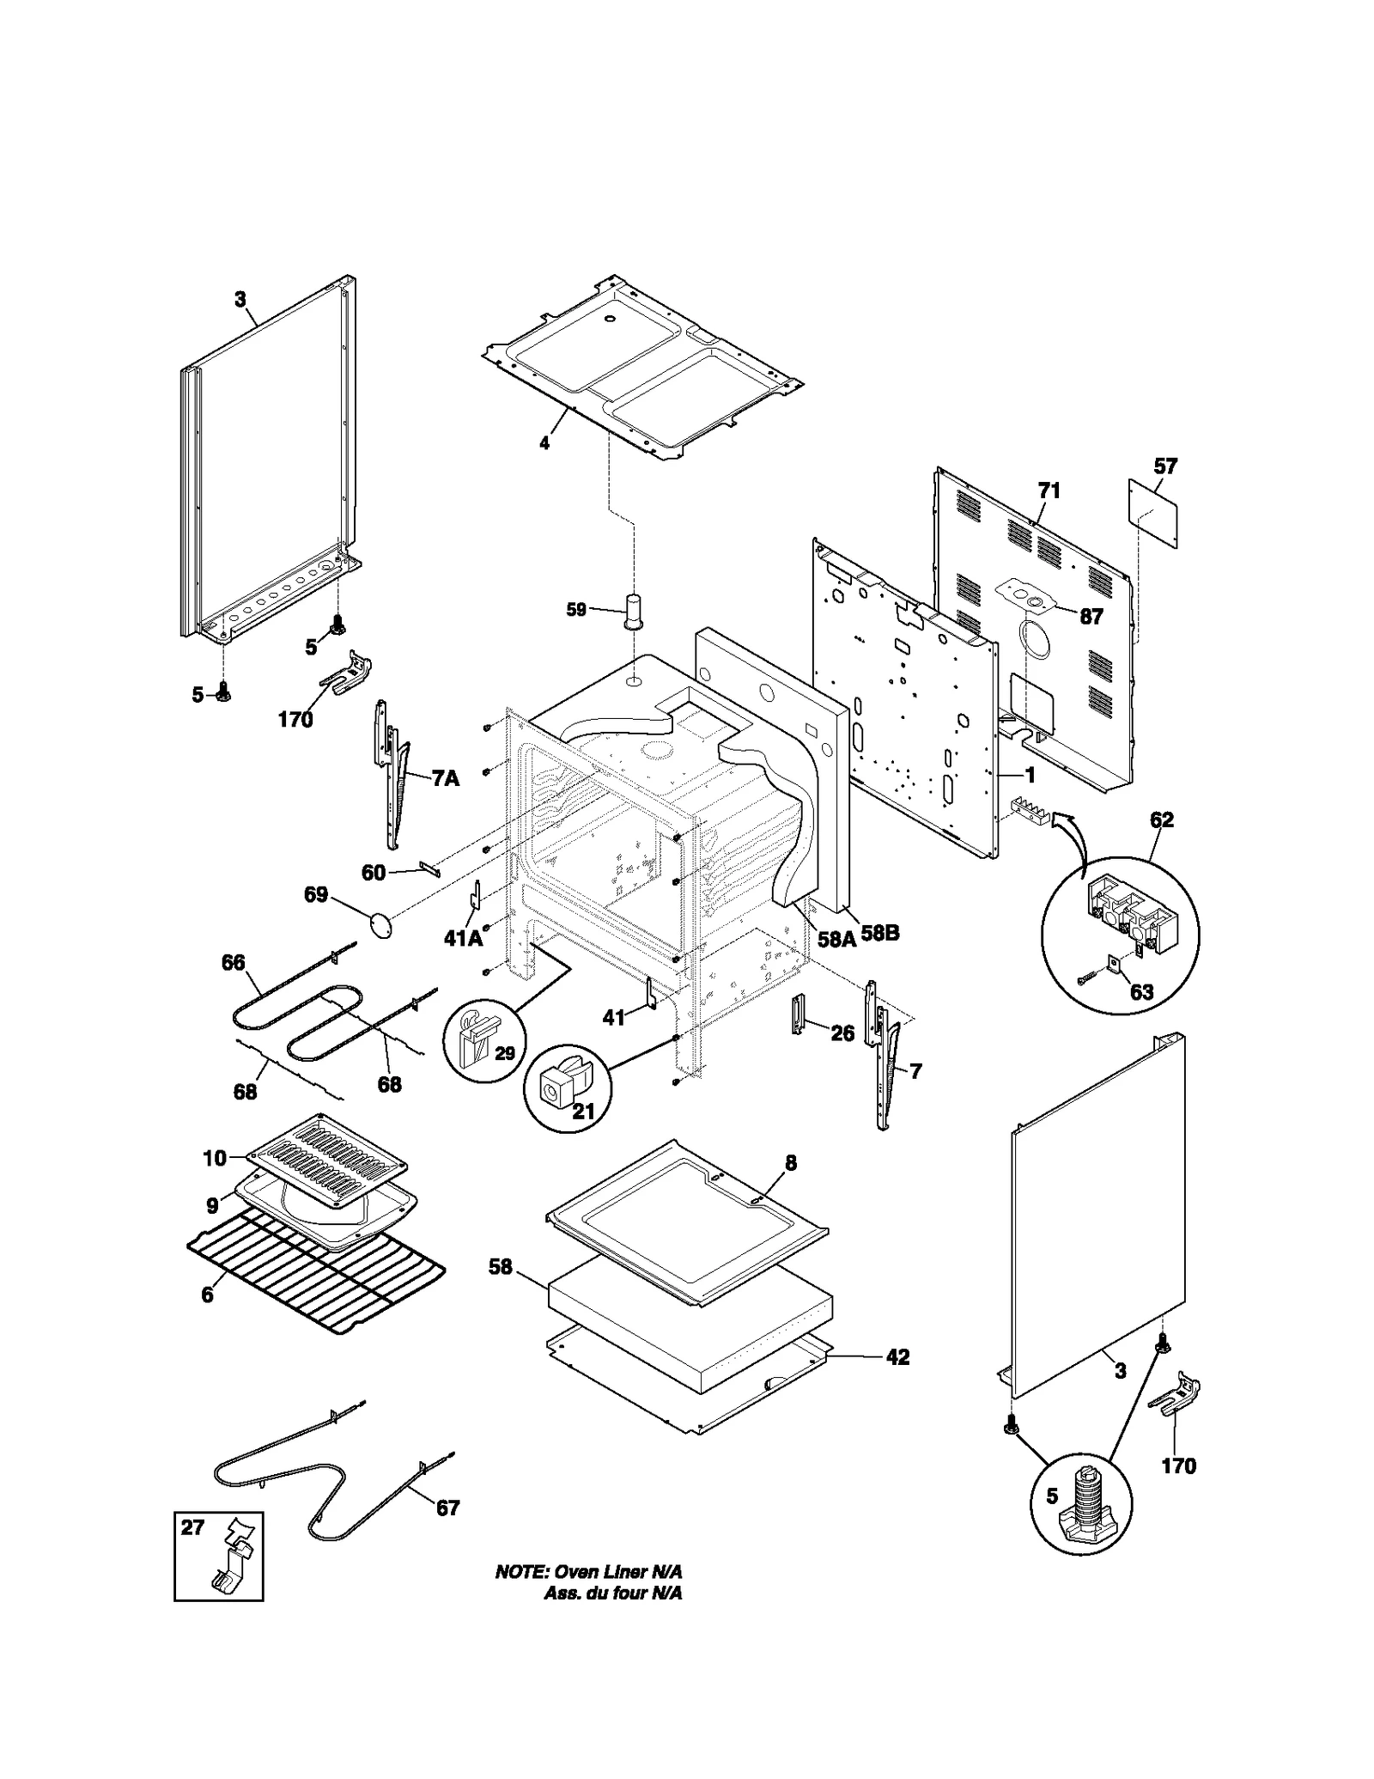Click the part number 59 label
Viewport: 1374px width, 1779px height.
(x=575, y=610)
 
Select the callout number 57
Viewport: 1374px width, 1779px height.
(x=1165, y=466)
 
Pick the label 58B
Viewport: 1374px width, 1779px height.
(x=880, y=933)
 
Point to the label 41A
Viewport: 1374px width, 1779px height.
(x=463, y=938)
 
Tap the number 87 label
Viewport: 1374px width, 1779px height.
(x=1091, y=616)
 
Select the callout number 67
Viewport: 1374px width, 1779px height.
(x=448, y=1508)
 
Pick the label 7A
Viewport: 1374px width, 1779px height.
(x=445, y=778)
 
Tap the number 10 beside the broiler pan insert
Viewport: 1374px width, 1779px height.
(x=214, y=1159)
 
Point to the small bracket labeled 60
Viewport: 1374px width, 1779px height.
(x=429, y=869)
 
